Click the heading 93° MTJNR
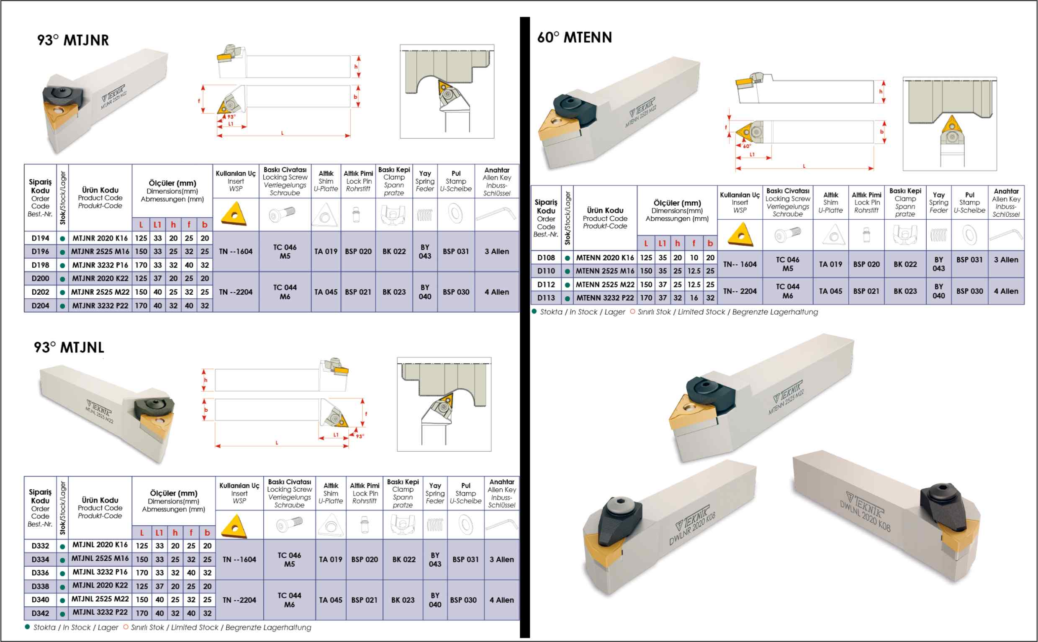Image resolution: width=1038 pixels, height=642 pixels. tap(73, 40)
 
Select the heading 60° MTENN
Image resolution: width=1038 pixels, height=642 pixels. tap(574, 37)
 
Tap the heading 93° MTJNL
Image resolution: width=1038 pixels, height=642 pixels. tap(69, 347)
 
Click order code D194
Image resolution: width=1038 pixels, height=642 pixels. tap(40, 238)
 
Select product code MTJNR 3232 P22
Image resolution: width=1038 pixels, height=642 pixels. tap(100, 305)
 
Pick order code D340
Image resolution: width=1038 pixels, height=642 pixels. tap(40, 600)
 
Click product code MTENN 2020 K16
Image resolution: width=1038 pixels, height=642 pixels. tap(604, 257)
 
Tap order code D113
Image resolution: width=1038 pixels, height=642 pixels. tap(546, 298)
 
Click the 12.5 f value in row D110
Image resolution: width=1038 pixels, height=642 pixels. tap(694, 271)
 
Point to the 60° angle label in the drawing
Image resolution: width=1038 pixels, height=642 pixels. tap(747, 146)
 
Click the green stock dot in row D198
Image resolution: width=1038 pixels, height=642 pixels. tap(62, 265)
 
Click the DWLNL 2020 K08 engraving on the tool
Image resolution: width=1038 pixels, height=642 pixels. tap(865, 515)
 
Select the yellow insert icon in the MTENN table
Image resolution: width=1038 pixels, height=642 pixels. tap(740, 235)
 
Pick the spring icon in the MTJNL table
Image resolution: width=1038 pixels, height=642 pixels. tap(435, 525)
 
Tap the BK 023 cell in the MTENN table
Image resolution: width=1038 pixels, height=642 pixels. tap(905, 291)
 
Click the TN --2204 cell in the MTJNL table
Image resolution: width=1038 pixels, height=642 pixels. tap(239, 600)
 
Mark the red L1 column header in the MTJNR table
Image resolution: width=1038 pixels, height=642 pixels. tap(157, 225)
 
